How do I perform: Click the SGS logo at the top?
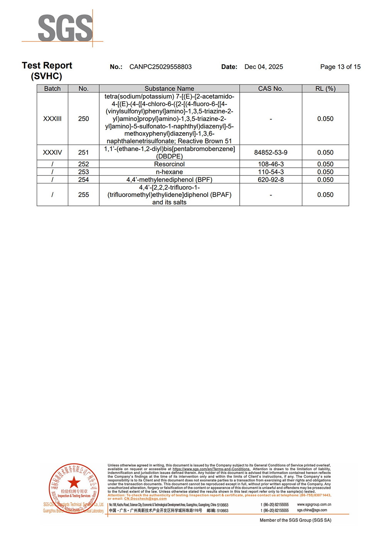pyautogui.click(x=65, y=28)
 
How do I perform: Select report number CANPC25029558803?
pyautogui.click(x=161, y=67)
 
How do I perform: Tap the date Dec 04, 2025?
pyautogui.click(x=264, y=67)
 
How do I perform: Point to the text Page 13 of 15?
pyautogui.click(x=340, y=67)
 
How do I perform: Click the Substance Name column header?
pyautogui.click(x=169, y=89)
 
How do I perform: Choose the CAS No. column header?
pyautogui.click(x=271, y=89)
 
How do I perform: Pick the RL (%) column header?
pyautogui.click(x=325, y=89)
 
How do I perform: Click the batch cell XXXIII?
pyautogui.click(x=52, y=119)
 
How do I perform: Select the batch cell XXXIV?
pyautogui.click(x=52, y=153)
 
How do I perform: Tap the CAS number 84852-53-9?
pyautogui.click(x=271, y=153)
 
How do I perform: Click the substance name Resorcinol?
pyautogui.click(x=169, y=164)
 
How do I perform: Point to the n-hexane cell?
pyautogui.click(x=169, y=172)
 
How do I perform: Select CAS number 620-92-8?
pyautogui.click(x=271, y=180)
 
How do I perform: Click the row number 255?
pyautogui.click(x=83, y=195)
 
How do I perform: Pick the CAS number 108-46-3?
pyautogui.click(x=271, y=164)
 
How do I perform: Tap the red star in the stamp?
pyautogui.click(x=74, y=482)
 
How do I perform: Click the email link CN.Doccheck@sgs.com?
pyautogui.click(x=145, y=499)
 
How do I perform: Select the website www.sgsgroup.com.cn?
pyautogui.click(x=314, y=505)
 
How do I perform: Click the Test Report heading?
pyautogui.click(x=47, y=66)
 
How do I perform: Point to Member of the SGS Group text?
pyautogui.click(x=295, y=520)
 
